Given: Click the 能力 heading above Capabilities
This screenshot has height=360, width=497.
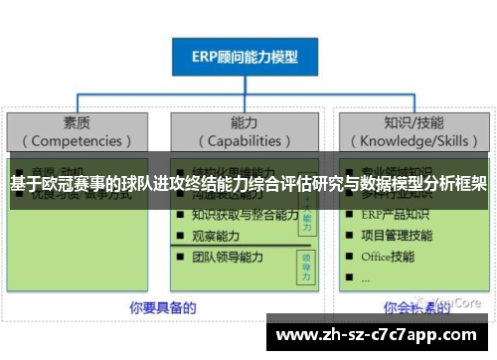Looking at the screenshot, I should [244, 122].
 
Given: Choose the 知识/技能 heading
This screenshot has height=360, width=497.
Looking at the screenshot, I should [410, 122].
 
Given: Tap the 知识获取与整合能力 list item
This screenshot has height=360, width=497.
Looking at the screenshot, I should [246, 215].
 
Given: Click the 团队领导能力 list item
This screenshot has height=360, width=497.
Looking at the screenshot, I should [230, 257].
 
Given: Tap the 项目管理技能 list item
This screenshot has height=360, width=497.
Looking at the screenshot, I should [398, 236].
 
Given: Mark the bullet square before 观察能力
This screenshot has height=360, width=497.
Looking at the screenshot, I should [180, 237].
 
